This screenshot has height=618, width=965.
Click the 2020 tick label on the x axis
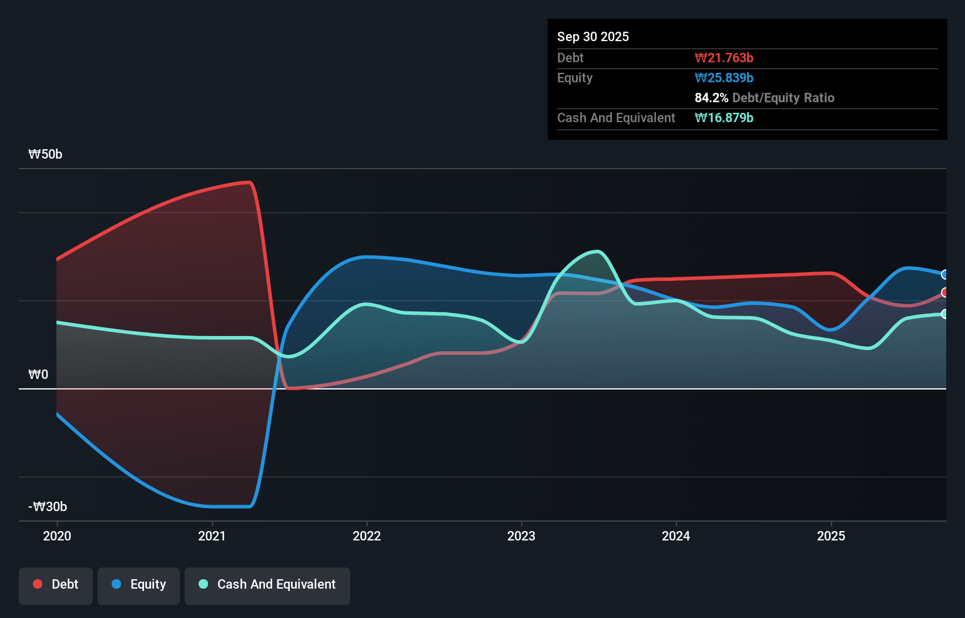coord(57,536)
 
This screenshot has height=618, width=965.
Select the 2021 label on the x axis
coord(212,536)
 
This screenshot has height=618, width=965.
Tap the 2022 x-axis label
coord(367,536)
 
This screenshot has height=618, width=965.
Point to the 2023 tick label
coord(521,536)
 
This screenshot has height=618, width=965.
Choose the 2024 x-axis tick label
coord(676,536)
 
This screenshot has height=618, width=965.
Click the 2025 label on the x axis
coord(831,536)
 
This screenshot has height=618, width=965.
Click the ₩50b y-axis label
coord(45,154)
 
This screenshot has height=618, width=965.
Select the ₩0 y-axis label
coord(38,375)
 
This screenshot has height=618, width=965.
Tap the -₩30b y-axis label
coord(48,507)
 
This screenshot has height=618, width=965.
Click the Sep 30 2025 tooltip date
coord(593,37)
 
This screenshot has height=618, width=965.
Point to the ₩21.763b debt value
coord(724,58)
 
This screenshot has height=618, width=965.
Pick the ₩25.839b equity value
coord(724,78)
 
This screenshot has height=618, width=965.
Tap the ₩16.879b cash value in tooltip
coord(724,118)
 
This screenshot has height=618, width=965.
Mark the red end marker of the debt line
coord(944,293)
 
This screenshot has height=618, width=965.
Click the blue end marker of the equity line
coord(944,274)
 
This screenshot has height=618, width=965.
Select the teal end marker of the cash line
coord(944,314)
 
